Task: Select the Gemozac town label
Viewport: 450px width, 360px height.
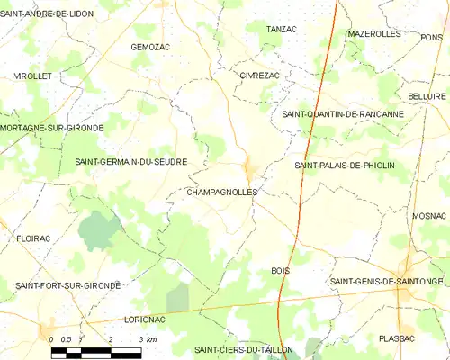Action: [150, 46]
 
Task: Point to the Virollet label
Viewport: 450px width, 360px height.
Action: [32, 76]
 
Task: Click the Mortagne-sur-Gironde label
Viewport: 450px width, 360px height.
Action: [52, 128]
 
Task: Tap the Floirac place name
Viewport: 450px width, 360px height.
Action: [33, 239]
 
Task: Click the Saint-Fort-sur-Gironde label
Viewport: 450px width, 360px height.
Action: [67, 285]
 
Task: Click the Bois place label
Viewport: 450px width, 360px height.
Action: [280, 270]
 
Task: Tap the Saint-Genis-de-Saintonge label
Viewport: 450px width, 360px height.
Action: [387, 282]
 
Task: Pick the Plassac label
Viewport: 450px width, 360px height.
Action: [397, 337]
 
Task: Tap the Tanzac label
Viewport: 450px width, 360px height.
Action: [282, 30]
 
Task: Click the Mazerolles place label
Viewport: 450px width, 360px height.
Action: [373, 33]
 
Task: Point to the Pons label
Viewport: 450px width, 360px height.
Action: [431, 37]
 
